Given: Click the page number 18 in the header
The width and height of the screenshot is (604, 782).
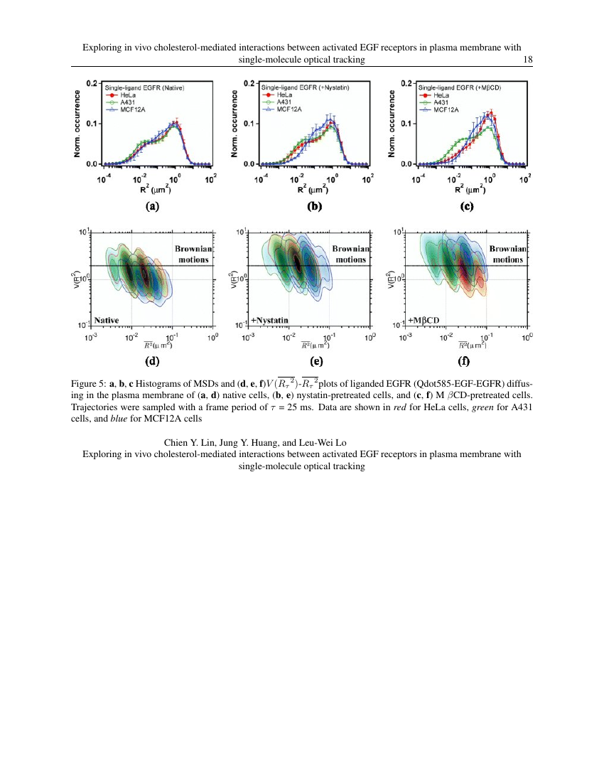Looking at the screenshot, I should [x=528, y=60].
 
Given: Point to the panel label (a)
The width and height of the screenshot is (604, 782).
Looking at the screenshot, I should [x=152, y=207].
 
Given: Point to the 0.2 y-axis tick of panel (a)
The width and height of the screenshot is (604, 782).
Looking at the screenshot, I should [x=92, y=83].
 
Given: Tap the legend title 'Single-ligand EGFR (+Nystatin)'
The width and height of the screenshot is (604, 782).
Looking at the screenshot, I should [x=305, y=87].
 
